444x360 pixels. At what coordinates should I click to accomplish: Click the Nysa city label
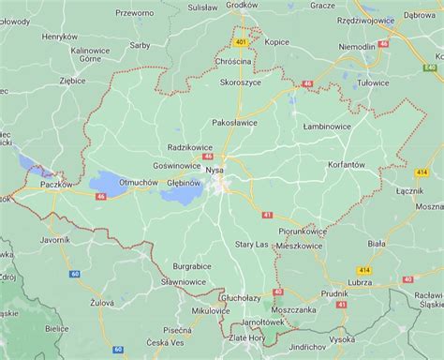coord(215,170)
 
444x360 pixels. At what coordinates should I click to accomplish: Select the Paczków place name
coord(54,183)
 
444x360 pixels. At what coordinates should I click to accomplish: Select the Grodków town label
coord(242,5)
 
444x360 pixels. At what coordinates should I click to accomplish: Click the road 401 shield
coord(241,43)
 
